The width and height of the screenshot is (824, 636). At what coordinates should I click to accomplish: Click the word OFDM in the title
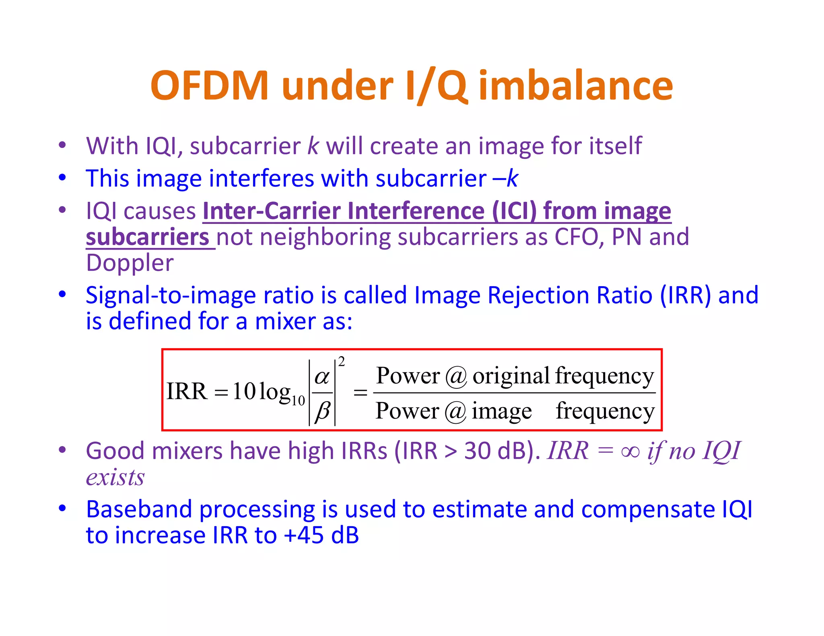coord(209,86)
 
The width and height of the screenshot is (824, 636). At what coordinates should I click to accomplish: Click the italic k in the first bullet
coord(313,146)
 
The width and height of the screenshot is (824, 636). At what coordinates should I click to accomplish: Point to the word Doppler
coord(130,263)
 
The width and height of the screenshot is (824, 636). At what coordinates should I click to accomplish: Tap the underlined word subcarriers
coord(147,237)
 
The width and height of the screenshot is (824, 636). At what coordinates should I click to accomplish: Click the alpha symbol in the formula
coord(322,377)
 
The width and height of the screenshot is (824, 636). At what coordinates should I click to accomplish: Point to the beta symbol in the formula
coord(322,411)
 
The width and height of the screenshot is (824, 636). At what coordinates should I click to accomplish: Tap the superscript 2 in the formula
coord(342,362)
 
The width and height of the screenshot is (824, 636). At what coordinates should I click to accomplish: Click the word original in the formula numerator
coord(511,376)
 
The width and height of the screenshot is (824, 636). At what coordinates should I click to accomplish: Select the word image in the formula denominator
coord(501,411)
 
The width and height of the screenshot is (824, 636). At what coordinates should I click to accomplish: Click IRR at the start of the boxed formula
coord(187,391)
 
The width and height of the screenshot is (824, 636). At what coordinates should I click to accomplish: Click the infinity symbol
coord(630,451)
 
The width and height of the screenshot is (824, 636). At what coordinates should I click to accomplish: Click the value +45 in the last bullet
coord(304,535)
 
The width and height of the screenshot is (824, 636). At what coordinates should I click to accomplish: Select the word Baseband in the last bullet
coord(139,509)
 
